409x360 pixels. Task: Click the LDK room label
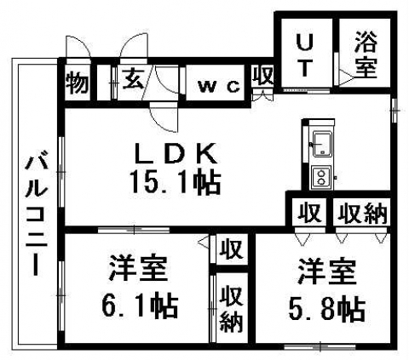point(176,153)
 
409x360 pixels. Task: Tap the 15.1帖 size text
point(175,181)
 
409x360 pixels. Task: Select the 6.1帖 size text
point(140,306)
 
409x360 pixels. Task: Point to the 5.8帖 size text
point(326,308)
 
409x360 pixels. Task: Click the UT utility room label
point(305,54)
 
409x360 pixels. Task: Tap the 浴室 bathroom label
point(366,54)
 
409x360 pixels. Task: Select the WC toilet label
point(219,87)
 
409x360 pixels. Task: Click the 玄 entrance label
point(133,79)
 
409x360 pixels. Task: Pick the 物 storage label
point(77,83)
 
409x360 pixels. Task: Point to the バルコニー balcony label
point(36,215)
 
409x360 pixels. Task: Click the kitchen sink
point(322,143)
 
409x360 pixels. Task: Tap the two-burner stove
point(321,177)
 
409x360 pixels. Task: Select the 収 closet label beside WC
point(262,76)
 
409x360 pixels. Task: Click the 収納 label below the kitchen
point(362,213)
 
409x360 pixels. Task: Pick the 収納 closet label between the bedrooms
point(233,309)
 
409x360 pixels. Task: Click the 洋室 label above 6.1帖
point(138,267)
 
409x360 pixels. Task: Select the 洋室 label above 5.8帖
point(326,271)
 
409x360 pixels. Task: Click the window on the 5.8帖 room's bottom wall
point(320,346)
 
